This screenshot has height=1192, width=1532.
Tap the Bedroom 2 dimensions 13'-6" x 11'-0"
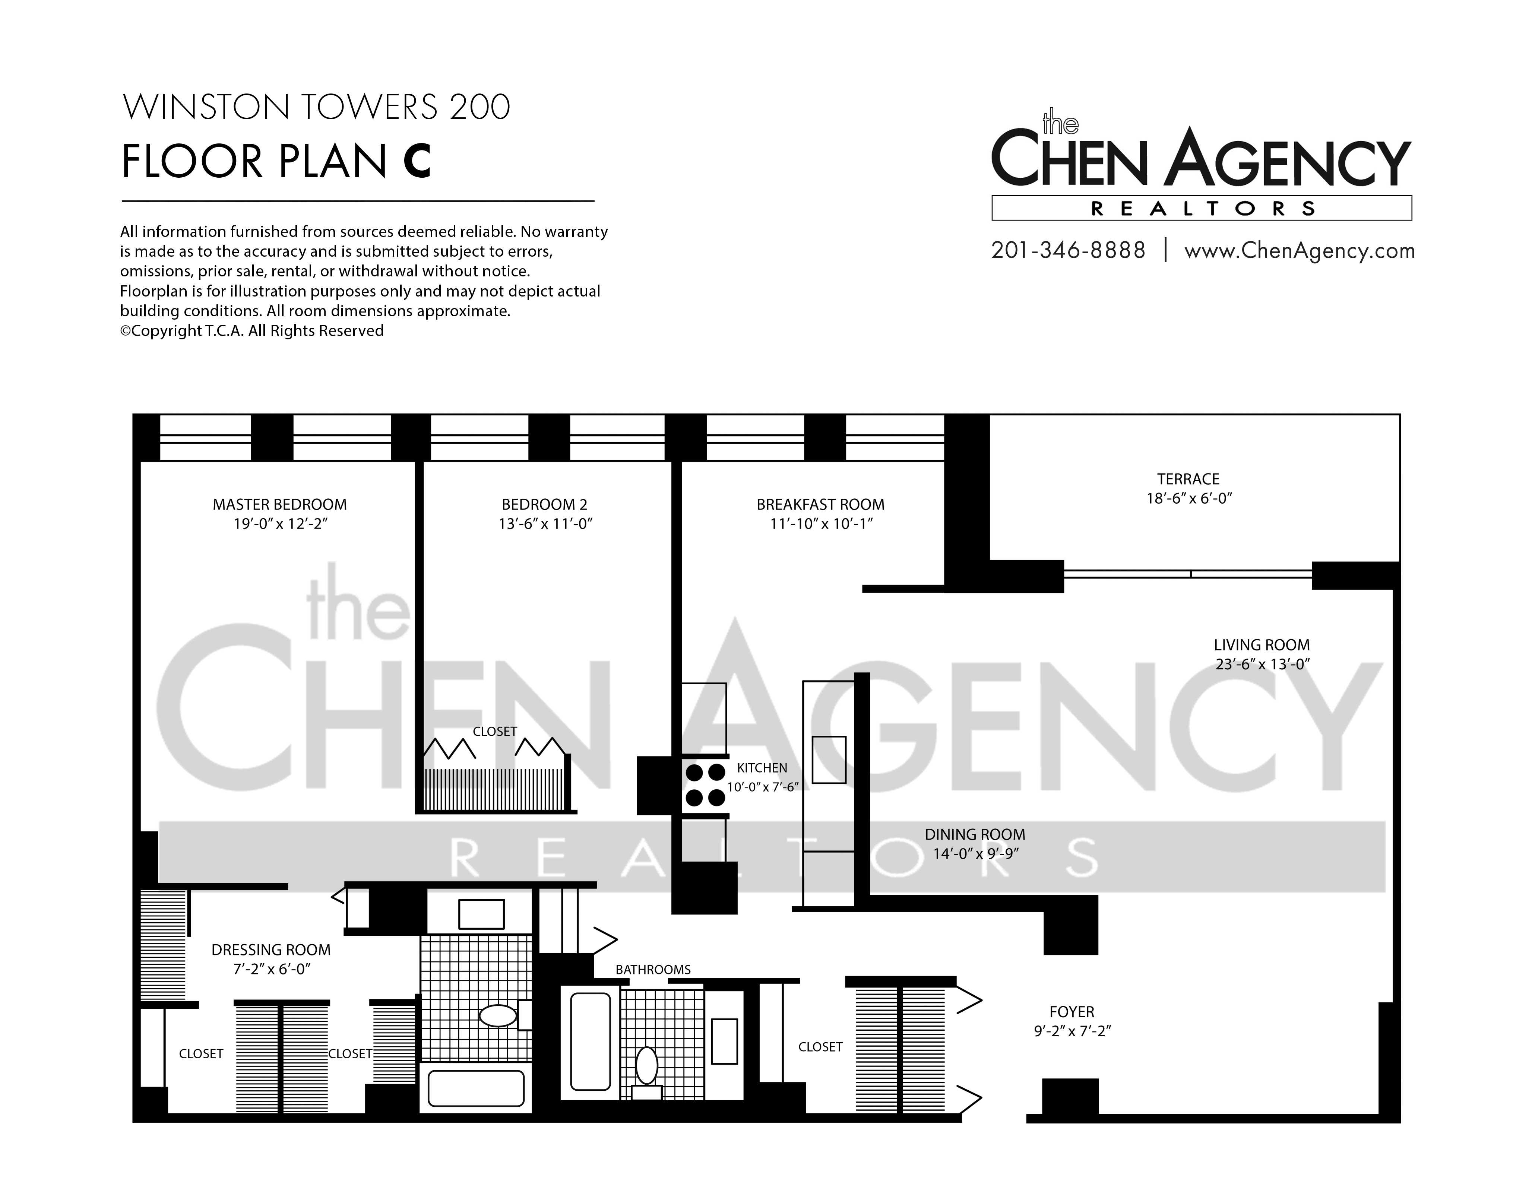pyautogui.click(x=545, y=524)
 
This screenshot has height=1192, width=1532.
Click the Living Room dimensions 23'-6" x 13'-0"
pyautogui.click(x=1263, y=664)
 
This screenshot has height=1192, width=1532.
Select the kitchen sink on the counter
pyautogui.click(x=829, y=760)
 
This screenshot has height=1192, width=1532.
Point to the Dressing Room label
pyautogui.click(x=271, y=950)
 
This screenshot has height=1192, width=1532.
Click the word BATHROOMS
pyautogui.click(x=653, y=970)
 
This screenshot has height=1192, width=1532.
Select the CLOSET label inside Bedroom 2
pyautogui.click(x=494, y=731)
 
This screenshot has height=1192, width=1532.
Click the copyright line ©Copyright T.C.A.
pyautogui.click(x=252, y=331)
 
